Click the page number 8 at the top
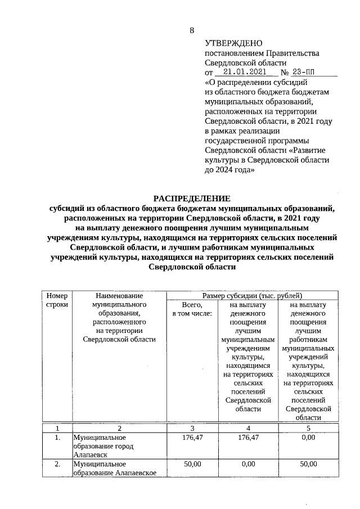pyautogui.click(x=192, y=30)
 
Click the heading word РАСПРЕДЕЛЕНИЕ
pyautogui.click(x=192, y=198)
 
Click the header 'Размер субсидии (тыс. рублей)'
pyautogui.click(x=253, y=295)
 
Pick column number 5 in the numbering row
pyautogui.click(x=308, y=428)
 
